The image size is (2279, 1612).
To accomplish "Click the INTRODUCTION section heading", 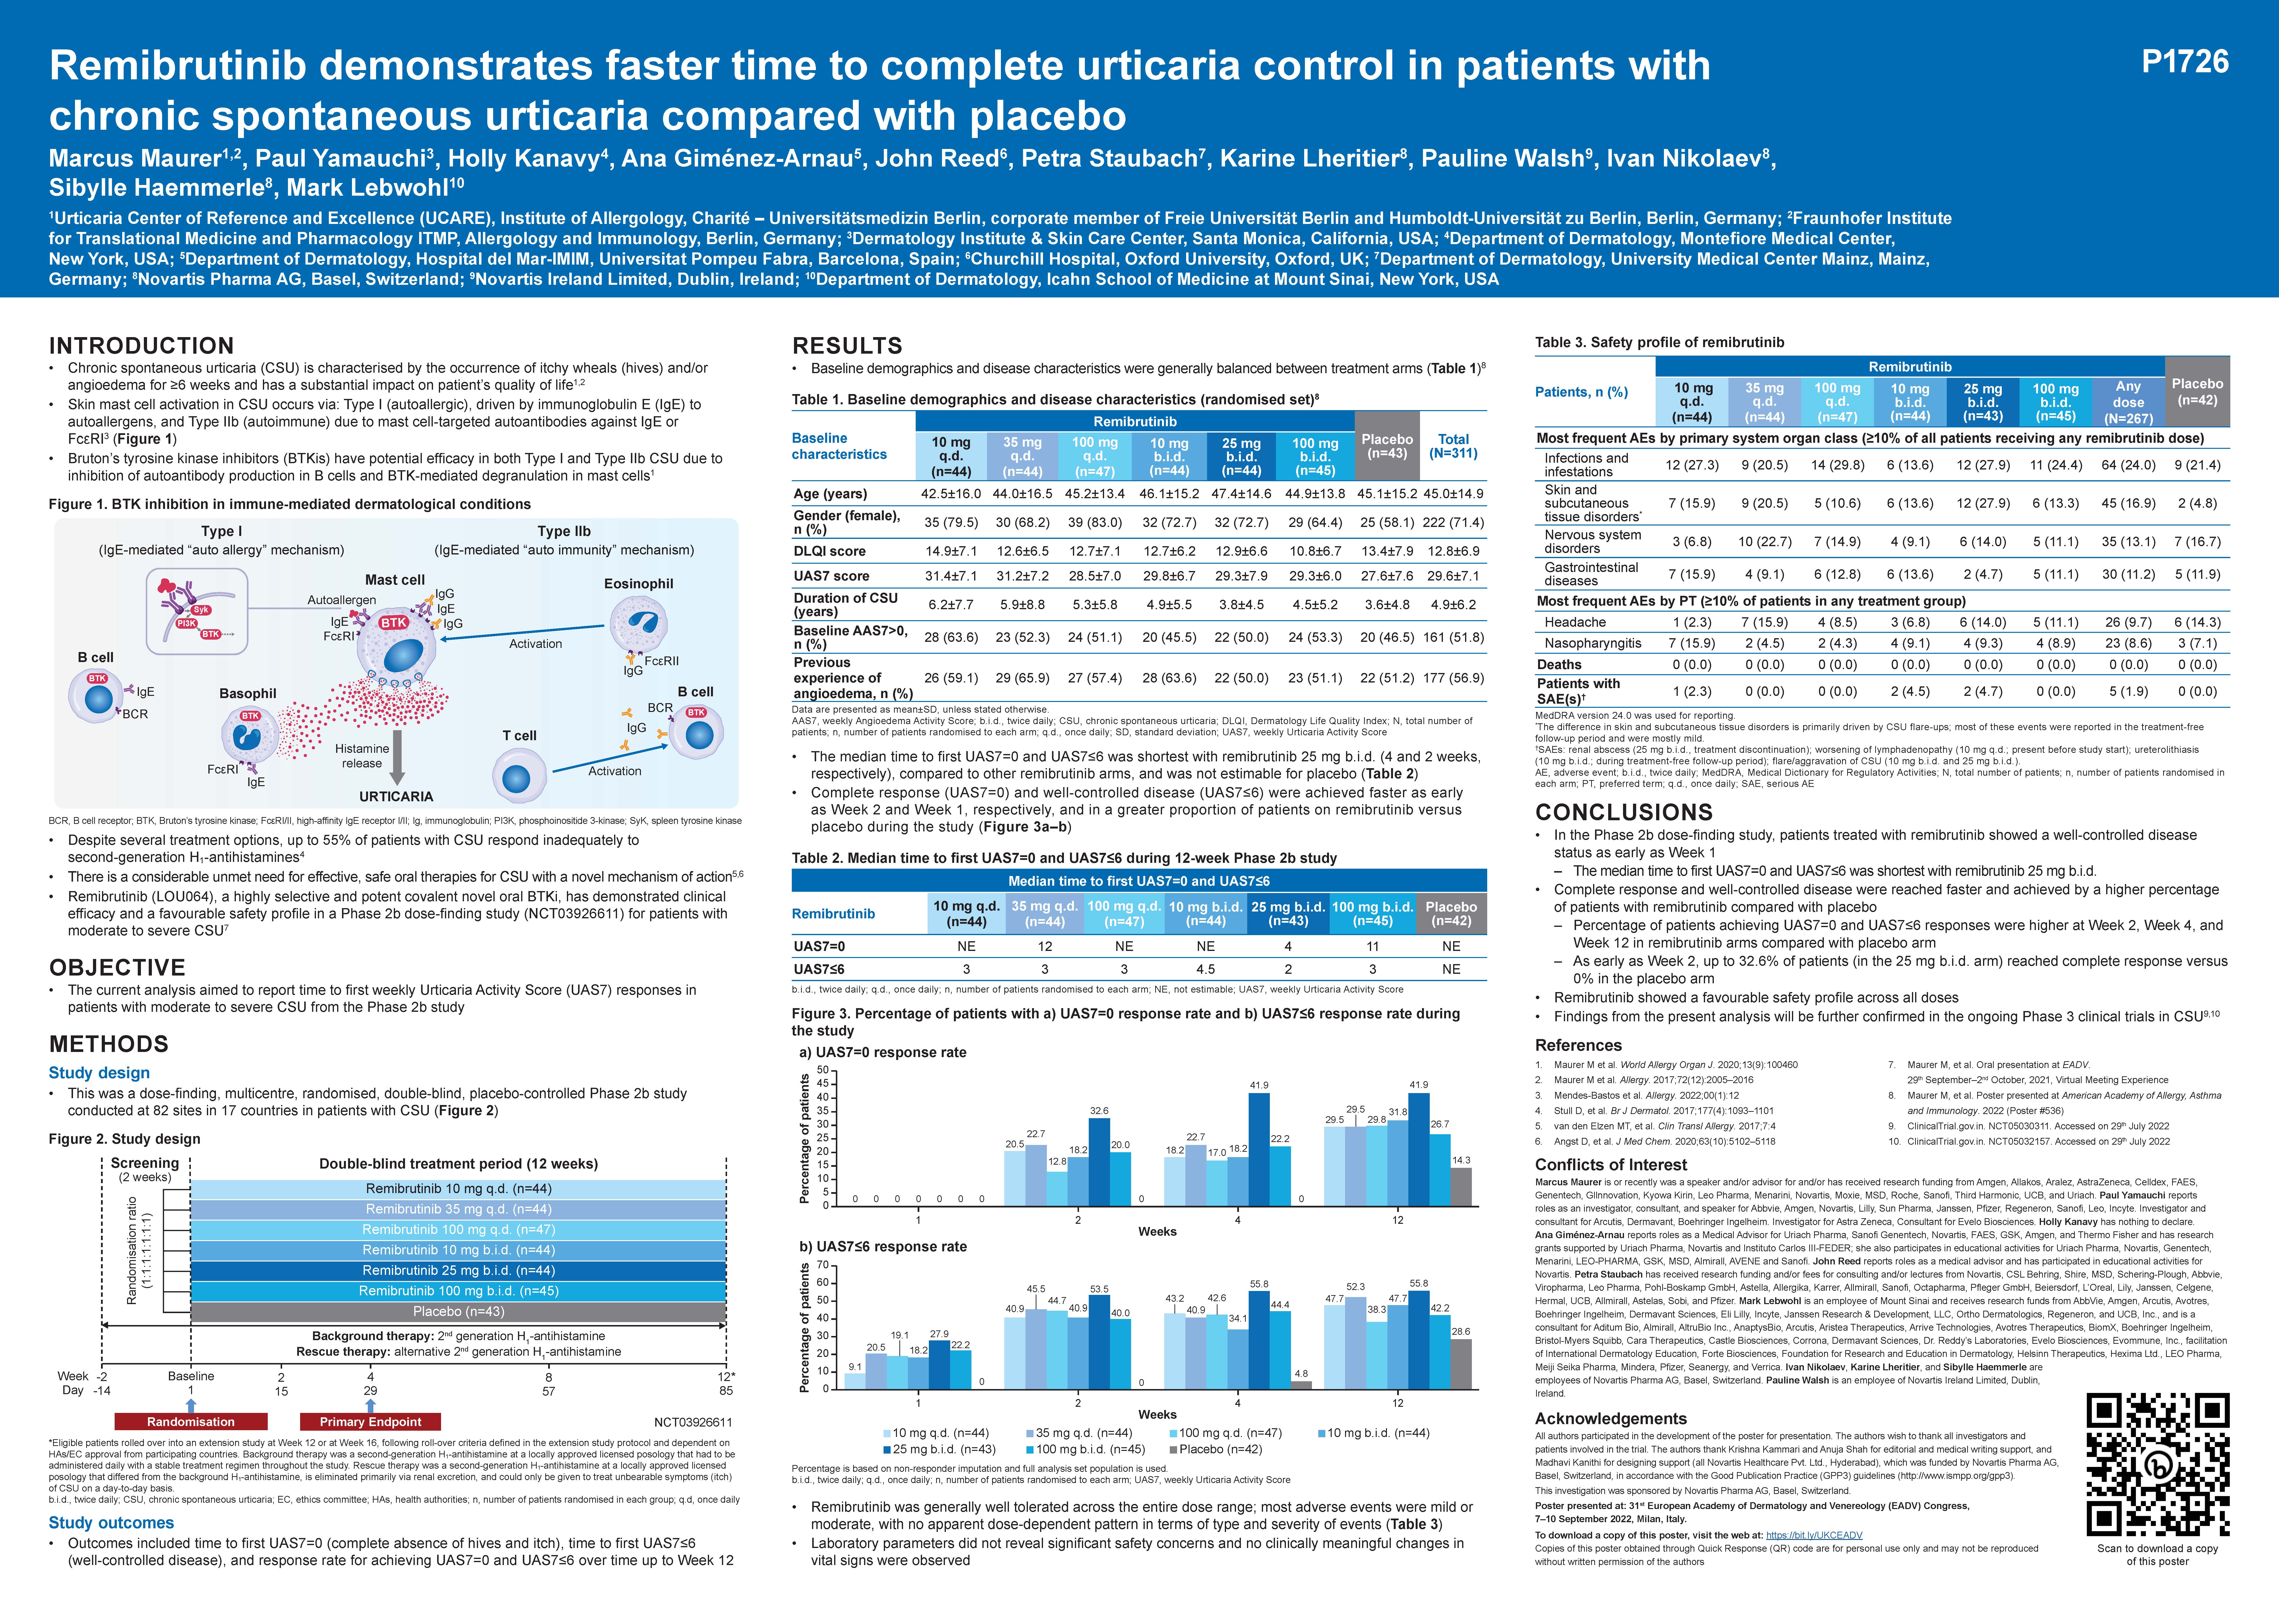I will [141, 345].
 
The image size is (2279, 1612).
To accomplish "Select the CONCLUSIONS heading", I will [1624, 812].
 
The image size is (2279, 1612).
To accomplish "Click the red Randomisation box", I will [191, 1421].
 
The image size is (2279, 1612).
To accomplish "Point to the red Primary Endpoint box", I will [370, 1421].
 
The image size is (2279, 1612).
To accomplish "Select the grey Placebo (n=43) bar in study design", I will [458, 1311].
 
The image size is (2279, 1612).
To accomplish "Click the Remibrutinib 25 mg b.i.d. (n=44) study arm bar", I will [458, 1271].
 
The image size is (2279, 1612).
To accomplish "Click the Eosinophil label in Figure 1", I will [638, 584].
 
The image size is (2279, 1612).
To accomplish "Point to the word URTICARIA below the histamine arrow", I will [396, 796].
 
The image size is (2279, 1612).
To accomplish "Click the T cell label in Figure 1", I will [519, 736].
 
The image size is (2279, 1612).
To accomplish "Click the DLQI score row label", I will [830, 551].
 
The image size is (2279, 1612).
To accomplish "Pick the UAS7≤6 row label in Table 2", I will [819, 969].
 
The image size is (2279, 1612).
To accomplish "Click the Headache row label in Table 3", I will [1575, 622].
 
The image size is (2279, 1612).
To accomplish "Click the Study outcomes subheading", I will [111, 1523].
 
